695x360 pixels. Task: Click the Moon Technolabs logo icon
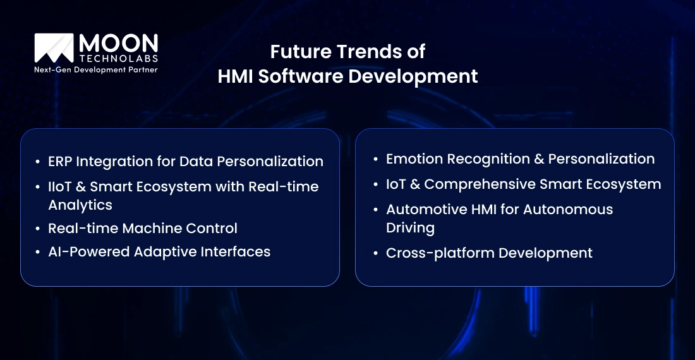54,49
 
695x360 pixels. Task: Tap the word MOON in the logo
118,44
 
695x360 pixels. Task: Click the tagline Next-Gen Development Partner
95,69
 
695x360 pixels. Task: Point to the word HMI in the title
235,76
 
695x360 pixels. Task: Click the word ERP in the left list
61,161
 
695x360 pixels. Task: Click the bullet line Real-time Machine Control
143,228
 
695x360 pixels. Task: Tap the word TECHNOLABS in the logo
118,59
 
